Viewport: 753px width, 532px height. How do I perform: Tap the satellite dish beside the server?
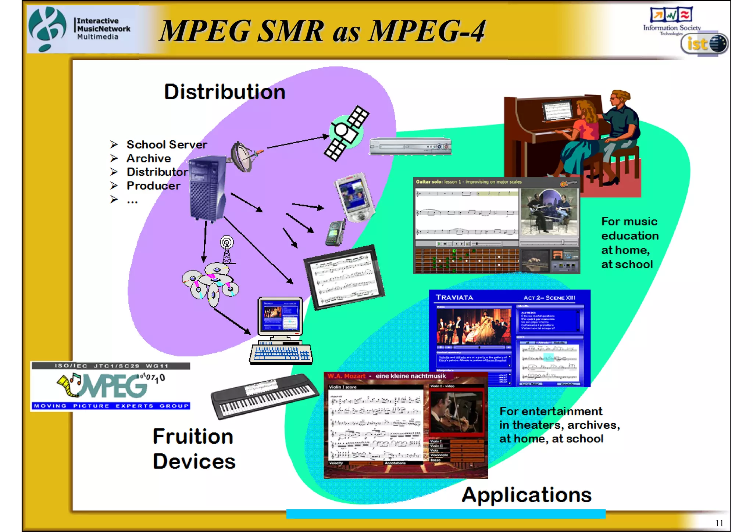243,156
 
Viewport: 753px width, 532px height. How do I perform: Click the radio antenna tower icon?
227,250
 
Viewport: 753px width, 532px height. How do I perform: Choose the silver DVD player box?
410,146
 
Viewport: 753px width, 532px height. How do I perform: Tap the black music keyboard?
264,396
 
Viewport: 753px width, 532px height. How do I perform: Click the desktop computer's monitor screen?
280,315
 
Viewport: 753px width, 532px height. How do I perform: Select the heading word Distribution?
225,92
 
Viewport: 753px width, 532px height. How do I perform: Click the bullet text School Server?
167,145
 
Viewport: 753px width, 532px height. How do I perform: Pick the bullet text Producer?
153,186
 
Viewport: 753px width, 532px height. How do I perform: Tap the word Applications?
527,495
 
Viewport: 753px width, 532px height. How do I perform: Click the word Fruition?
193,436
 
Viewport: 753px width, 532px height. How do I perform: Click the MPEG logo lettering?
110,386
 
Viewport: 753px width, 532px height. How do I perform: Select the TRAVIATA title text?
454,298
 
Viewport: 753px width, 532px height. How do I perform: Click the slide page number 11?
719,523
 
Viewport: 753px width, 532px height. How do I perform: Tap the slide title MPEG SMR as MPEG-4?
322,31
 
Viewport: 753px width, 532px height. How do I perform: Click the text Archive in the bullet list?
149,158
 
